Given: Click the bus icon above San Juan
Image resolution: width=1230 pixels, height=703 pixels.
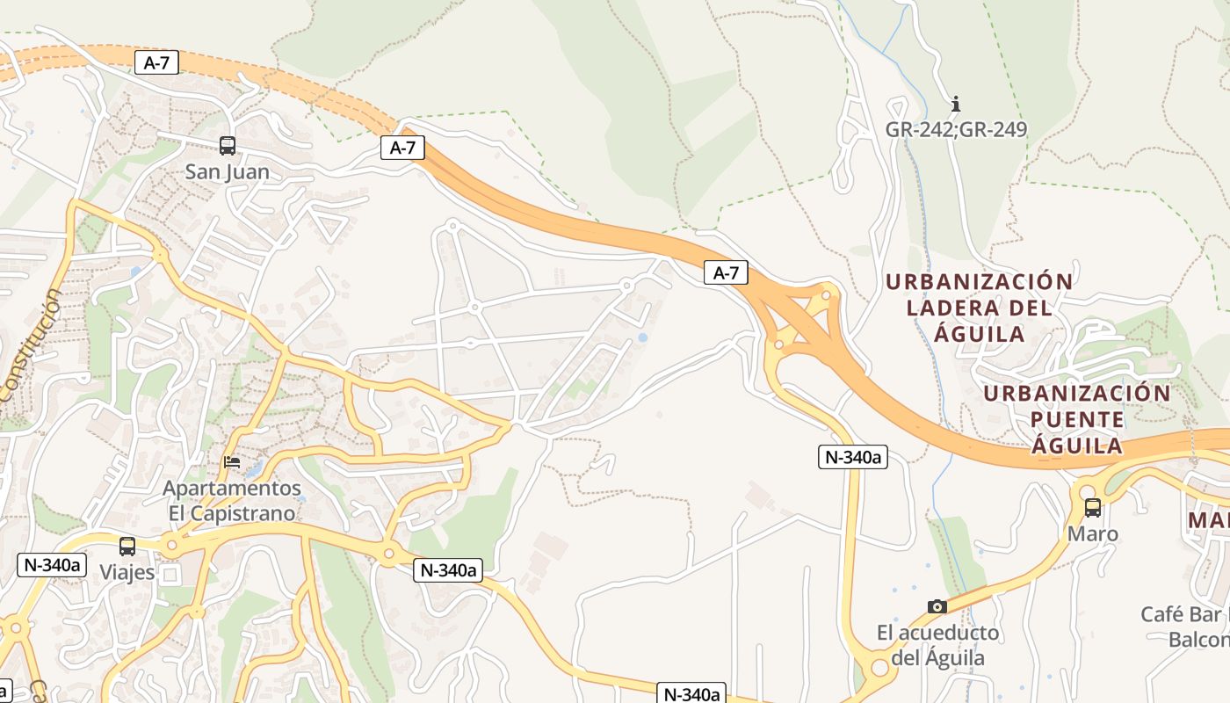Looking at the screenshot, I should pyautogui.click(x=227, y=146).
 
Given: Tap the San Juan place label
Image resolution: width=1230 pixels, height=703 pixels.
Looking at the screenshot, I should pyautogui.click(x=227, y=171).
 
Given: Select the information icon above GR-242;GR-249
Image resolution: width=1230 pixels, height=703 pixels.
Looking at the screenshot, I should pyautogui.click(x=956, y=104).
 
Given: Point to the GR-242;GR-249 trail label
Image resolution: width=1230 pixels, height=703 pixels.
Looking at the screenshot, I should pyautogui.click(x=956, y=130).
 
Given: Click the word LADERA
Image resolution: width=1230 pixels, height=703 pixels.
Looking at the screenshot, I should pyautogui.click(x=953, y=308).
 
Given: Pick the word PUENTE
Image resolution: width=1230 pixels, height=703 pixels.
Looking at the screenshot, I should pyautogui.click(x=1077, y=419).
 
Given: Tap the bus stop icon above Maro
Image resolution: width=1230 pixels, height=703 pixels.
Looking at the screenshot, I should pyautogui.click(x=1093, y=507).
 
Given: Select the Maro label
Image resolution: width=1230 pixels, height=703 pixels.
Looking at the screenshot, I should pyautogui.click(x=1093, y=533).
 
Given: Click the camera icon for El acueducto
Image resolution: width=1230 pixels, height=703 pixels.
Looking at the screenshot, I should pyautogui.click(x=937, y=606).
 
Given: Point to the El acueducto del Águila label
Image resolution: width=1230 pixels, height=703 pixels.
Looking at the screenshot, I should pyautogui.click(x=937, y=645).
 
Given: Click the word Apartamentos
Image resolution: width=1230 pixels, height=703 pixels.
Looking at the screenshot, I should pyautogui.click(x=232, y=488).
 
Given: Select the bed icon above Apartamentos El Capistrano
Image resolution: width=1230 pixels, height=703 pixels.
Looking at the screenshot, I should pyautogui.click(x=232, y=461).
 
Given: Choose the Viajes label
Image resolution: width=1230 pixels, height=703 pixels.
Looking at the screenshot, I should pyautogui.click(x=127, y=572).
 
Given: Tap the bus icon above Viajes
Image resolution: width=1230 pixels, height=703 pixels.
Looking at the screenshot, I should pyautogui.click(x=127, y=546).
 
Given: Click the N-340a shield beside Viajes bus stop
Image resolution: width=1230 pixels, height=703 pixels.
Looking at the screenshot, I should pyautogui.click(x=52, y=564).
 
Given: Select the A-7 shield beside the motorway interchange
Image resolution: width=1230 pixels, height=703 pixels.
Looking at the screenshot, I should pyautogui.click(x=726, y=272).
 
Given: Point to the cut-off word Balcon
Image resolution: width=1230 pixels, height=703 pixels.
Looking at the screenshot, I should pyautogui.click(x=1198, y=639).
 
